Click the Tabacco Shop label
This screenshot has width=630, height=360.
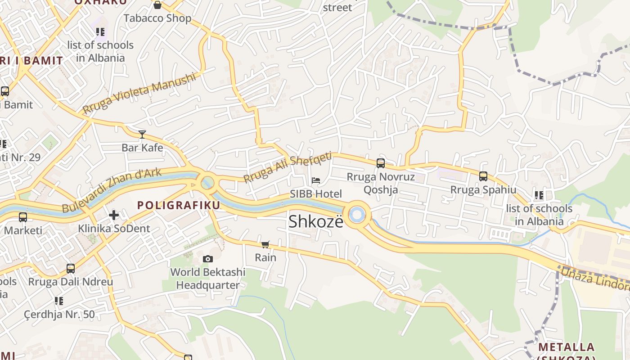click(x=157, y=18)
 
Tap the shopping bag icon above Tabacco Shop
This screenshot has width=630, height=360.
click(x=157, y=5)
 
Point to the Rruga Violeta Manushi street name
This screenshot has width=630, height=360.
click(x=140, y=93)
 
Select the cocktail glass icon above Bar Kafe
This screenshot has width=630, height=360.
click(x=142, y=134)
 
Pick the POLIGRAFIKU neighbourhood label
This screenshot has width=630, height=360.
click(x=179, y=206)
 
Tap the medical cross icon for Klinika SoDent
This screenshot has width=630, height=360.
click(x=114, y=215)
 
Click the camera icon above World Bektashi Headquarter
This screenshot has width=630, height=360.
click(x=207, y=259)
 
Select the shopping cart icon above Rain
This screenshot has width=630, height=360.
click(x=265, y=244)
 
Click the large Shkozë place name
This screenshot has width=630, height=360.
click(x=316, y=221)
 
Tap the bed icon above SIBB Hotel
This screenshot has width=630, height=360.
click(x=316, y=180)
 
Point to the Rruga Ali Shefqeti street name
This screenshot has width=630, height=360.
click(x=288, y=167)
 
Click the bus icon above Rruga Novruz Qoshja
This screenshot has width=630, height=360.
click(x=381, y=163)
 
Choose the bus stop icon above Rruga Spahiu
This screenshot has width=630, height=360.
click(x=483, y=176)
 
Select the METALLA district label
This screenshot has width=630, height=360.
click(x=567, y=347)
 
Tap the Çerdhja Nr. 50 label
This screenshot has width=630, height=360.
click(x=59, y=314)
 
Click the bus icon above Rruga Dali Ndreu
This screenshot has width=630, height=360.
click(x=71, y=269)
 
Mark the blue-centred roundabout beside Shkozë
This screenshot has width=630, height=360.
click(x=357, y=215)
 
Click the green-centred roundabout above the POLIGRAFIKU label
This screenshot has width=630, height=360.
click(x=207, y=183)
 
